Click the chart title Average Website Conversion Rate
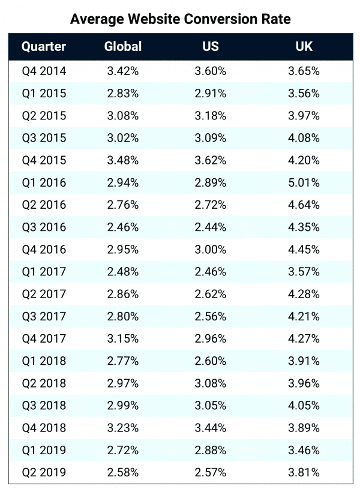pos(180,19)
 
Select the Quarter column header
pos(43,47)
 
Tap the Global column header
pos(123,47)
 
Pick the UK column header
pos(304,47)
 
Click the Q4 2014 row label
pos(43,71)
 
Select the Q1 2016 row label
pos(43,182)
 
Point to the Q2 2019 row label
pos(43,472)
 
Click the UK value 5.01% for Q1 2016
pos(304,182)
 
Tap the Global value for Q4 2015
pos(123,160)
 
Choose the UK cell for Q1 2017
pos(304,272)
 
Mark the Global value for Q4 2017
pos(123,338)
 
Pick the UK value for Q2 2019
pos(304,472)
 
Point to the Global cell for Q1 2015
pos(123,94)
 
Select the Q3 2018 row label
pos(43,406)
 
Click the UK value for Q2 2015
pos(304,116)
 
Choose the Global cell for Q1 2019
pos(123,450)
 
